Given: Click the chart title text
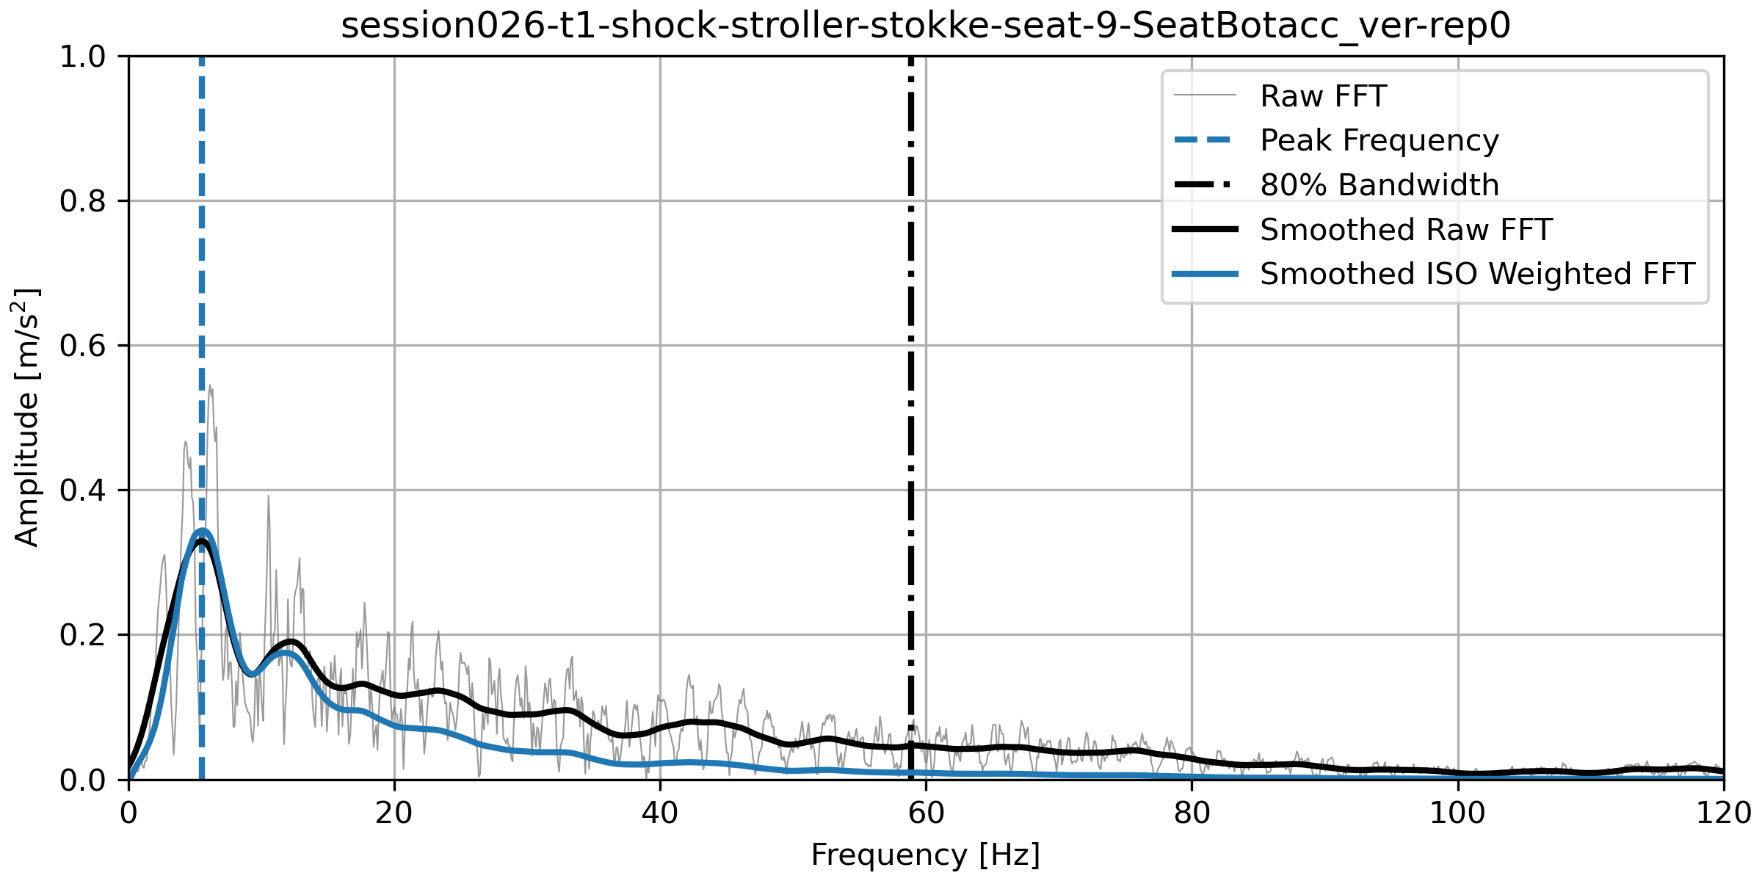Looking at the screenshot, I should click(x=926, y=26).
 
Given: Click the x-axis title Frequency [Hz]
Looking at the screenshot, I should click(x=926, y=855).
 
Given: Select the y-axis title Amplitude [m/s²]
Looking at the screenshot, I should click(x=26, y=417).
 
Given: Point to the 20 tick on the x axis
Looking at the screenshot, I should click(x=394, y=813).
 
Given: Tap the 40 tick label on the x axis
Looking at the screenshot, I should click(x=660, y=813).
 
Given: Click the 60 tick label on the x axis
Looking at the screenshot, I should click(x=926, y=813).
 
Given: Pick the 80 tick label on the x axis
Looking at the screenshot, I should click(x=1192, y=813).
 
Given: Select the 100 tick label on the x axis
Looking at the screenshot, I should click(x=1457, y=813).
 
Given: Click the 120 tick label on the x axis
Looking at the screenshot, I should click(x=1723, y=813).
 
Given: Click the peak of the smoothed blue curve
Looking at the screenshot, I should click(x=202, y=530).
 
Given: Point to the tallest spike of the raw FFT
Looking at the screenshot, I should click(x=210, y=386).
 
